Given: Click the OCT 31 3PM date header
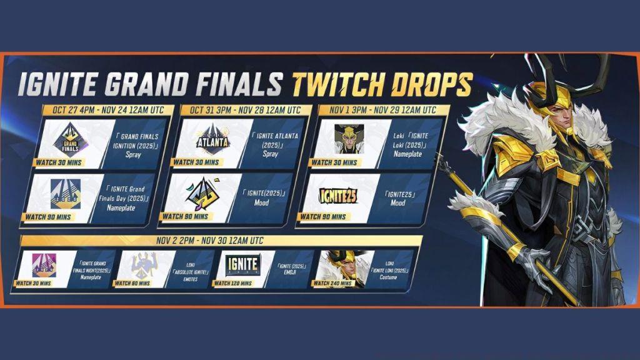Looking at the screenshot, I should [241, 110].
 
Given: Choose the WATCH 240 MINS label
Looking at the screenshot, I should [332, 283].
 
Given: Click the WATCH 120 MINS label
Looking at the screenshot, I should [235, 283].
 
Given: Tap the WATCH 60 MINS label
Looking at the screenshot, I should [132, 283].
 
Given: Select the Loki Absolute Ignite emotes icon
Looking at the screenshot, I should [142, 265].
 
